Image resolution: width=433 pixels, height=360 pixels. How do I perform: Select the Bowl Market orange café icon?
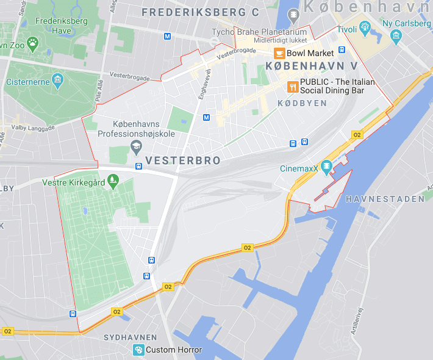(280, 53)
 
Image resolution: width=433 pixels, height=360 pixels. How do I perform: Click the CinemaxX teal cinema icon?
(326, 165)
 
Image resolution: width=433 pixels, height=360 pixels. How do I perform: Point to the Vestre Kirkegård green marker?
(112, 181)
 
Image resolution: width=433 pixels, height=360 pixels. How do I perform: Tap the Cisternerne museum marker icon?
(57, 81)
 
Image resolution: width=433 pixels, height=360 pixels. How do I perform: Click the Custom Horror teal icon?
(138, 350)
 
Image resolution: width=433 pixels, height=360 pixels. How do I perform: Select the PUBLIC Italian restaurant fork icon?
(293, 86)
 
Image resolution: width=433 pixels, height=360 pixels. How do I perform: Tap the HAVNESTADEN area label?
(384, 199)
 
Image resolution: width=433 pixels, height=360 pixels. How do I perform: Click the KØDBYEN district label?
(302, 104)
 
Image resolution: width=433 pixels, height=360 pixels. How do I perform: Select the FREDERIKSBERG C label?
(200, 12)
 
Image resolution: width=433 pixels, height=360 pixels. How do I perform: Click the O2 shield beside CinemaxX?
(357, 135)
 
